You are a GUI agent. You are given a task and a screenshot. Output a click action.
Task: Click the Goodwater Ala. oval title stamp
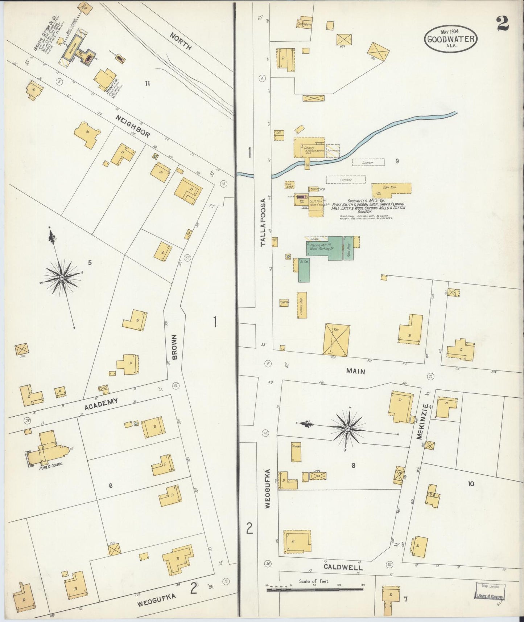point(451,39)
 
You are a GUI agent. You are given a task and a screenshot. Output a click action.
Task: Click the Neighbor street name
point(133,126)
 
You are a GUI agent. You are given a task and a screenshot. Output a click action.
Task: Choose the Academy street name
point(101,404)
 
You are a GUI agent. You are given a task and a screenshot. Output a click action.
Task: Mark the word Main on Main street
point(355,371)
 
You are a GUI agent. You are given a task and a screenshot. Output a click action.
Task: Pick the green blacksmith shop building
point(304,270)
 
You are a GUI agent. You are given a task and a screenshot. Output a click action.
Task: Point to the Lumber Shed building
point(302,305)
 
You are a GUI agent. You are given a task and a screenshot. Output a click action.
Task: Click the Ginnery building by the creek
point(309,147)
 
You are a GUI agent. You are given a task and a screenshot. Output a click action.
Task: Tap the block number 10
point(471,484)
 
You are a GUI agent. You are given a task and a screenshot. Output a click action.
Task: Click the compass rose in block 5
point(62,277)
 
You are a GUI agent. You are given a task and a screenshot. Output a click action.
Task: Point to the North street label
point(180,41)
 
